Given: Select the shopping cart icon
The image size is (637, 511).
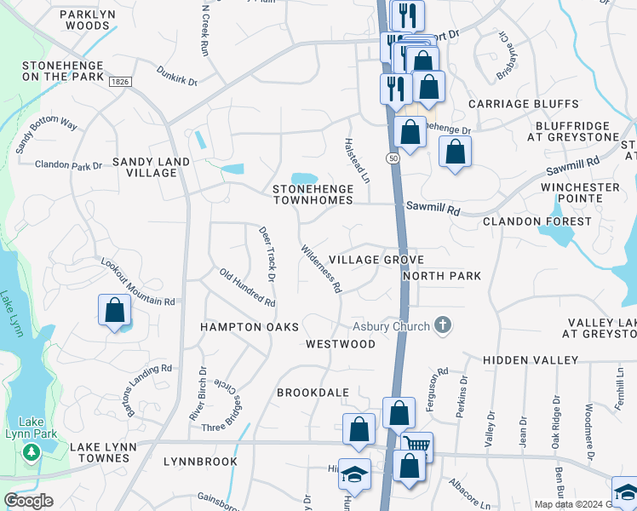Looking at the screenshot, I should coord(416,445).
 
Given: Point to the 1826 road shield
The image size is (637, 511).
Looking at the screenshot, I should coord(119,80).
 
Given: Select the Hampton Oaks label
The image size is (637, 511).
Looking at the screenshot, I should coord(250,327).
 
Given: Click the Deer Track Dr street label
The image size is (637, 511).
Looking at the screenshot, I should coord(267,254).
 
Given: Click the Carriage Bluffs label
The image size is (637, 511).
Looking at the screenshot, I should coord(524,104).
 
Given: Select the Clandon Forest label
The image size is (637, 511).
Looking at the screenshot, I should coord(537,221).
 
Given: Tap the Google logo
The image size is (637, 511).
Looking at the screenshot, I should coord(29,501).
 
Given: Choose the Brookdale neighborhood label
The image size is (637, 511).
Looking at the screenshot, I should coord(313,392).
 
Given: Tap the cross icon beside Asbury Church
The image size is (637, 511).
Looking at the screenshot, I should coord(442,324).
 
